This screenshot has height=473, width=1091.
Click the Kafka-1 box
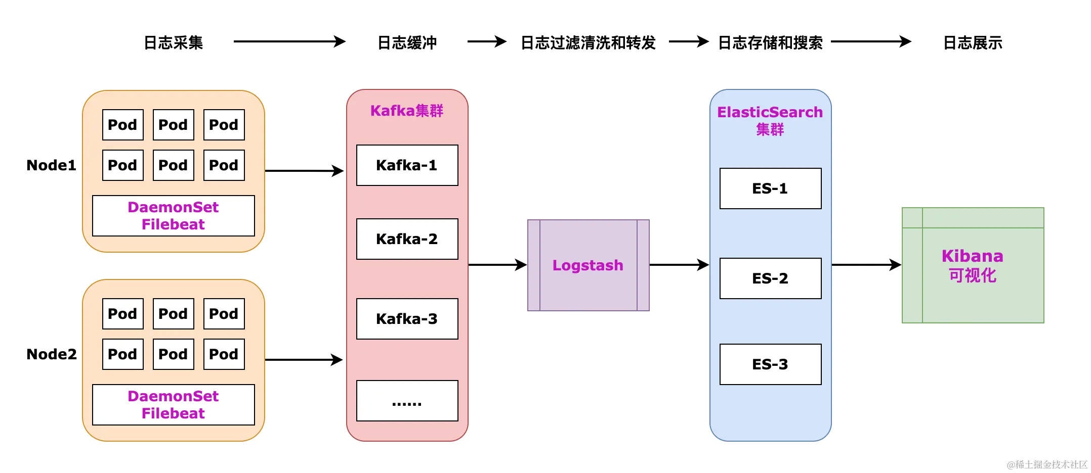[407, 165]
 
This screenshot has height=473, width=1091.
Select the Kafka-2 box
[407, 239]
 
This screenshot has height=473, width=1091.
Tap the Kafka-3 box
[407, 319]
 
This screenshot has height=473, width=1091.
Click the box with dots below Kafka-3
[407, 401]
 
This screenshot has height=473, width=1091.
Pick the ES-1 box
[770, 188]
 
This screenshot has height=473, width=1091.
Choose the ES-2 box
[770, 278]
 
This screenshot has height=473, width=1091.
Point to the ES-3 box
[770, 364]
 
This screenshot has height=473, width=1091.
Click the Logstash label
[588, 265]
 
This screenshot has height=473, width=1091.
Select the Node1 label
[51, 165]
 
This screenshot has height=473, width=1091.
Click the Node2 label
[52, 354]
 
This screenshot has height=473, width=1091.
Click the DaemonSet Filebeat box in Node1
[174, 216]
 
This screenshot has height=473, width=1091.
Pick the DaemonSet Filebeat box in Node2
[174, 405]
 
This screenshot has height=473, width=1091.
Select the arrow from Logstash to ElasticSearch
[679, 264]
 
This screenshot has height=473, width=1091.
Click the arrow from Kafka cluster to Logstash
[498, 264]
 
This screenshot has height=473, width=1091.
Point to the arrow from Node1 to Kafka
[305, 171]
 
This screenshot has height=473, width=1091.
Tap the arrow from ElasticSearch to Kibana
[867, 264]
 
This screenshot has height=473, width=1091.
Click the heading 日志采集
[174, 42]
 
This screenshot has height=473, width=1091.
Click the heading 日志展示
[973, 42]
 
